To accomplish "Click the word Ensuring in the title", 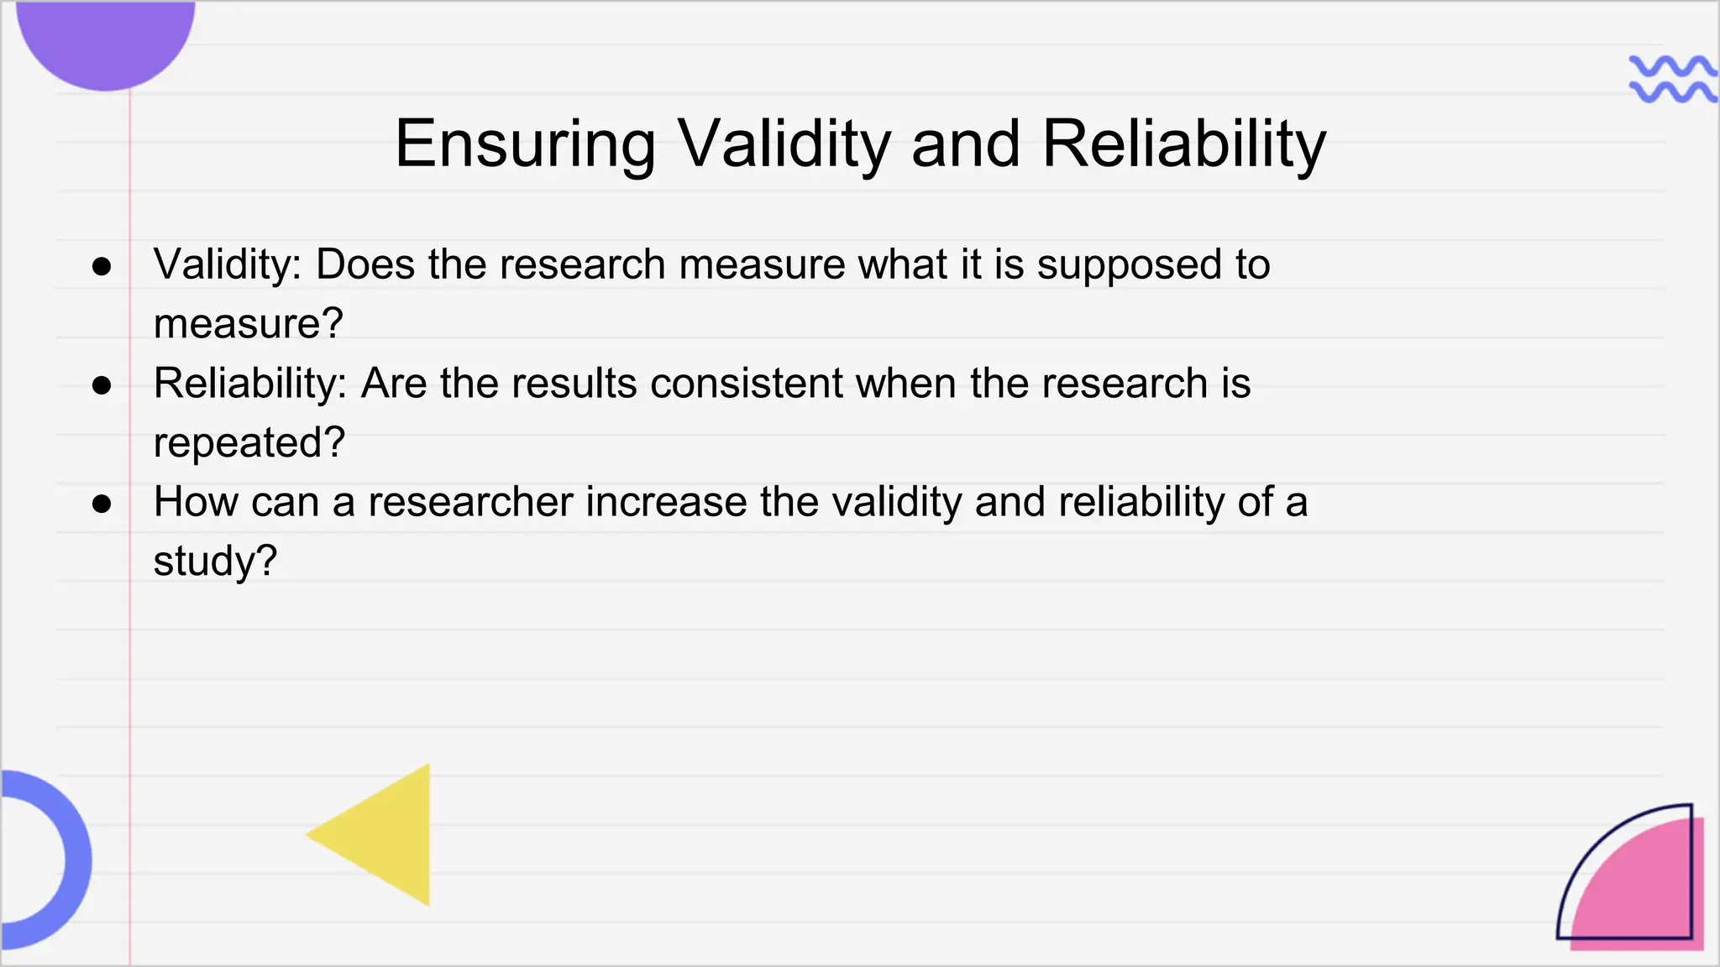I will [x=525, y=144].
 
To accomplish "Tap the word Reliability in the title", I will [x=1184, y=144].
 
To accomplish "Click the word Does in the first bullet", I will [x=365, y=264].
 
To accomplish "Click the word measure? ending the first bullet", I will [x=249, y=324].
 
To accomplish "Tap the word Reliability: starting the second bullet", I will [x=250, y=384].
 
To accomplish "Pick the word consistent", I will [x=746, y=384].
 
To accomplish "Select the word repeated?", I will [x=249, y=443].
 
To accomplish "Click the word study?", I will [x=215, y=562].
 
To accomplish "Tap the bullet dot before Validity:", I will [x=102, y=267].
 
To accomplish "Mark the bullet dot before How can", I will [x=102, y=504].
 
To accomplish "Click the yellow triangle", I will [x=386, y=835].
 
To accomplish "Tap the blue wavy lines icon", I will [x=1671, y=80].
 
